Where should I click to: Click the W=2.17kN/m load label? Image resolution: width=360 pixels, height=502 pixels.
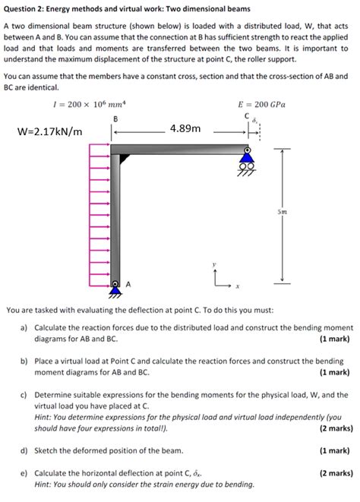coord(49,133)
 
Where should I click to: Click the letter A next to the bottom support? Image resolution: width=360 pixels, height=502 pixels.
coord(128,284)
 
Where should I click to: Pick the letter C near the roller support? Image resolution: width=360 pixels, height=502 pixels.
coord(247,115)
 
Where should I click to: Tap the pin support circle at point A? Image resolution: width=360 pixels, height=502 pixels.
coord(115,286)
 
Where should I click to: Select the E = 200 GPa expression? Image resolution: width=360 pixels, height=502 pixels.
coord(261,104)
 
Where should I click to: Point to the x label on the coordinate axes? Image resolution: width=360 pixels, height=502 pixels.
coord(237,287)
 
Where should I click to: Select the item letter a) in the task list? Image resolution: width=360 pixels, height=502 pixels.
coord(24,327)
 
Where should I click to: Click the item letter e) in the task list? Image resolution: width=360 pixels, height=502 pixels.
coord(24,472)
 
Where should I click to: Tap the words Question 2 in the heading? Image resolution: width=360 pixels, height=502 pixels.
coord(25,8)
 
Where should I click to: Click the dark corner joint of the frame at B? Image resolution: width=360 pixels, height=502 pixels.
coord(117,158)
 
